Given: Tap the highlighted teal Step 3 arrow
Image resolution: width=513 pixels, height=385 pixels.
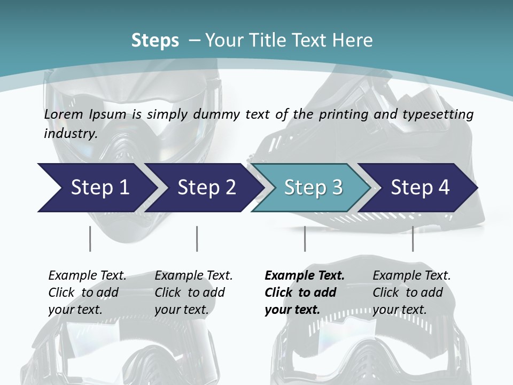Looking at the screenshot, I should (x=313, y=187).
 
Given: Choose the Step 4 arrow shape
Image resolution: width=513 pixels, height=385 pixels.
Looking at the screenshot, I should (x=420, y=187).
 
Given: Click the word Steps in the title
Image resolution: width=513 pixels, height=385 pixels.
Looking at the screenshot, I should (x=155, y=41).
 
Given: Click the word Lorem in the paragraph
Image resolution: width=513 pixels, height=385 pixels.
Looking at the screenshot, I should (x=63, y=114).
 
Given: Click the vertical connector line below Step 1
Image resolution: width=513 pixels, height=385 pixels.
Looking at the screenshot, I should (x=90, y=238).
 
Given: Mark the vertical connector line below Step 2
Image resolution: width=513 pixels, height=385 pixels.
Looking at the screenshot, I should (x=197, y=238).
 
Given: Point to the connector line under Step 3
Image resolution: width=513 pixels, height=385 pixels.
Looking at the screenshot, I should (x=305, y=238).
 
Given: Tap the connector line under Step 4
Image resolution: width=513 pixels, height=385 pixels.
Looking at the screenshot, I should (x=413, y=238).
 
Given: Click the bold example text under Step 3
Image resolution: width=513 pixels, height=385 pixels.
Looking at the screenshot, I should (x=304, y=292).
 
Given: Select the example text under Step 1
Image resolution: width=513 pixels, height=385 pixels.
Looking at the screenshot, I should (x=87, y=292).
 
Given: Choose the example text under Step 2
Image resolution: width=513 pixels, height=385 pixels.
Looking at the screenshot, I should (x=193, y=292).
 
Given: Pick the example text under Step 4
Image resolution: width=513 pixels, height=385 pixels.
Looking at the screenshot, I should (x=411, y=292).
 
